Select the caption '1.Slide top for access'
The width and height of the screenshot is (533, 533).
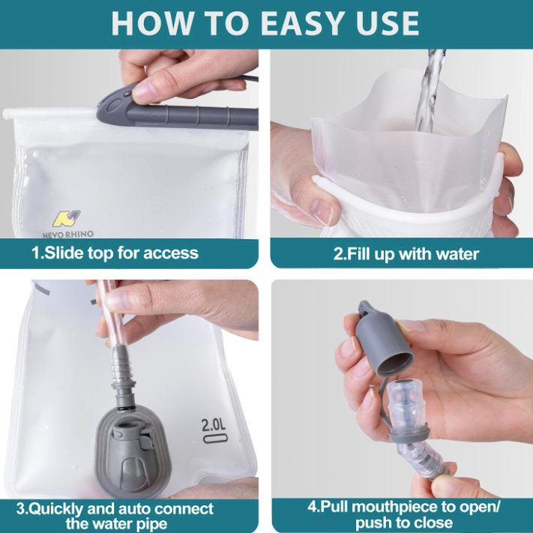tap(115, 253)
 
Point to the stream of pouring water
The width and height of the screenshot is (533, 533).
tap(432, 90)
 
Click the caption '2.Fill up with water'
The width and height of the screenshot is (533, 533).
tap(406, 253)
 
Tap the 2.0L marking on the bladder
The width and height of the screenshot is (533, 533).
tap(214, 426)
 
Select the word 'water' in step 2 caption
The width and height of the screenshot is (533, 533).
tap(456, 253)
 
